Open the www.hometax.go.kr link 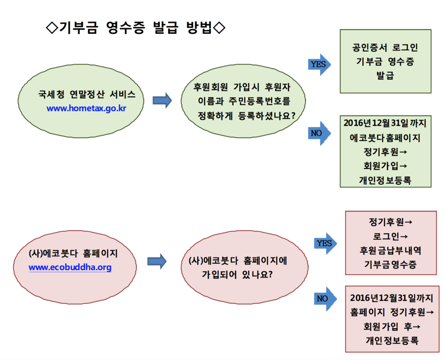pos(86,108)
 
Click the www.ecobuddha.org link pos(70,267)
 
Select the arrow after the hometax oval pos(162,100)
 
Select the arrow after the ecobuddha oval pos(157,261)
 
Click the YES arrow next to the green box pos(319,64)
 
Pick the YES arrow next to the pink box pos(325,243)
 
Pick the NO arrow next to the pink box pos(325,298)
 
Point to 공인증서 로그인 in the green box pos(385,47)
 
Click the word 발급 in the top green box pos(385,76)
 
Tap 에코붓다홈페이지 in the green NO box pos(385,138)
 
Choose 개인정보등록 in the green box pos(385,180)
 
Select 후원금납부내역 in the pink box pos(390,251)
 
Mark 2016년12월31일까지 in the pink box pos(391,298)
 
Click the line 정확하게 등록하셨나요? pos(246,116)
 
